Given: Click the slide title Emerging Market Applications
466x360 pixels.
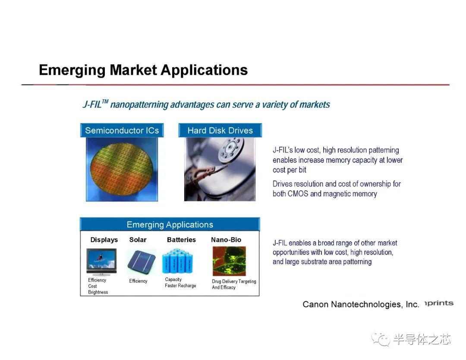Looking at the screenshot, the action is point(143,70).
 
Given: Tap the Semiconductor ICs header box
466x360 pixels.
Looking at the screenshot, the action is point(122,130).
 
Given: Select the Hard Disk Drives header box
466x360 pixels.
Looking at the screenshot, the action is point(220,130).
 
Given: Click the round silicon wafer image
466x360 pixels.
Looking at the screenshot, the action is point(122,169).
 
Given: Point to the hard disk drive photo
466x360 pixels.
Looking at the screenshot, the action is point(220,169).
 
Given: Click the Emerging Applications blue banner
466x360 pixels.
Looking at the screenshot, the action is point(170,224).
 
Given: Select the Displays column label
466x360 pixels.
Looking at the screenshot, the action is point(104,240).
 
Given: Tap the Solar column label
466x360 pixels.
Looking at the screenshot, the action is point(138,240).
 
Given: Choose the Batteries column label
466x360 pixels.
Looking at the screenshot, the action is point(181,240).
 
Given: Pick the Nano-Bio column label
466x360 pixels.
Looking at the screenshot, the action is point(226,240).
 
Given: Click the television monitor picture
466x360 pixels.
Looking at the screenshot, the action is point(101,262).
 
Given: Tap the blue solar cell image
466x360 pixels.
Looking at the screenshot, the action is point(142,262).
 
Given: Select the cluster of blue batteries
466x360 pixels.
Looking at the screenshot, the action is point(177,262).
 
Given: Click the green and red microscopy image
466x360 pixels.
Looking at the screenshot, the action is point(229,261).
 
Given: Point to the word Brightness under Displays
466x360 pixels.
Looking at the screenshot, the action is point(98,292).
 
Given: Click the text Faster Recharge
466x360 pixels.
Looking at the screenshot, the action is point(180,286).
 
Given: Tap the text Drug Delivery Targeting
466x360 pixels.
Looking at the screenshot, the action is point(234,281).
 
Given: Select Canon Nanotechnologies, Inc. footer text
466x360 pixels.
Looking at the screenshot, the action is point(361,304).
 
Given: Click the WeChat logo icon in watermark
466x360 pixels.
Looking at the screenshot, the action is point(381,339).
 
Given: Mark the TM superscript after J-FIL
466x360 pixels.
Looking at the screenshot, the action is point(105,102).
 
